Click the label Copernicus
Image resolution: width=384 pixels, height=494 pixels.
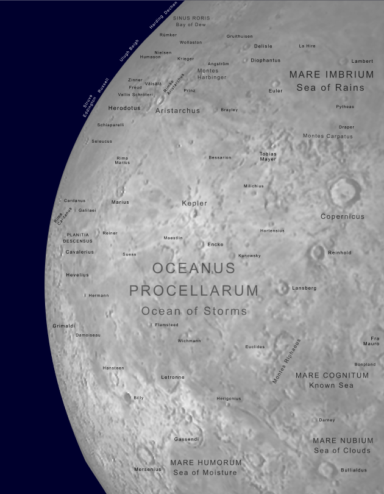click(343, 217)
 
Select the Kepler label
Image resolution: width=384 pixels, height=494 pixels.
click(194, 203)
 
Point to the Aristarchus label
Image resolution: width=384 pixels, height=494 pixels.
click(177, 111)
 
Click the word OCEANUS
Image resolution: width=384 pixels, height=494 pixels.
click(194, 268)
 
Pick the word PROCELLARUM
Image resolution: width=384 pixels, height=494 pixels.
click(194, 290)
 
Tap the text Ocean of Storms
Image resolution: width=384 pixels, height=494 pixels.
click(194, 311)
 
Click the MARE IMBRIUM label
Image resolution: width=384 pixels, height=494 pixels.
click(331, 74)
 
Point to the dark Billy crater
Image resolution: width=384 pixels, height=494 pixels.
click(128, 398)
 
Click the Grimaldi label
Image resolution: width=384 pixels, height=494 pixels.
click(63, 326)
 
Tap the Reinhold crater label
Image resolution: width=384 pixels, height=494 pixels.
click(340, 252)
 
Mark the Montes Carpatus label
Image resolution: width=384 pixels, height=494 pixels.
click(328, 136)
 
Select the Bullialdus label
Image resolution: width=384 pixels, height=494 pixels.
click(354, 470)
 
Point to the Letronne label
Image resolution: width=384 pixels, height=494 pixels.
click(172, 378)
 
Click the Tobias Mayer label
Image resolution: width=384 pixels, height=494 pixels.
click(268, 156)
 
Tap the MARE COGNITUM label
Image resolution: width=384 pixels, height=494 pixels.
click(332, 376)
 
